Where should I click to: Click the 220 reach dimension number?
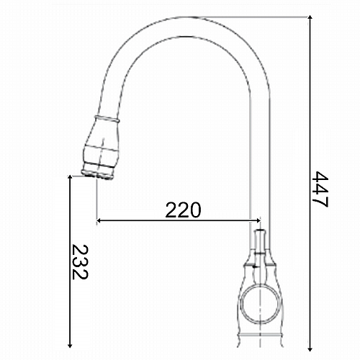coord(183,210)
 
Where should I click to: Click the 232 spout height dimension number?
coord(80,262)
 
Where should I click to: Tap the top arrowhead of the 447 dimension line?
coord(310,17)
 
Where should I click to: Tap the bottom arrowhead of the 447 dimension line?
coord(310,349)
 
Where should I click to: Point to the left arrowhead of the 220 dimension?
coord(99,220)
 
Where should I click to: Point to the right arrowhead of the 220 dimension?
coord(258,220)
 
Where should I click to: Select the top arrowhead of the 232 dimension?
coord(70,178)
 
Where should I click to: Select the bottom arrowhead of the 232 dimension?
coord(70,345)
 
